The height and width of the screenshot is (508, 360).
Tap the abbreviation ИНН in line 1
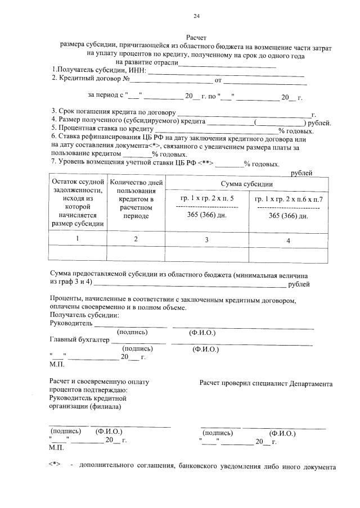click(136, 70)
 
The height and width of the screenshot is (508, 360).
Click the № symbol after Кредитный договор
click(127, 79)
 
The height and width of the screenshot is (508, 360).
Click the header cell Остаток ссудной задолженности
click(78, 202)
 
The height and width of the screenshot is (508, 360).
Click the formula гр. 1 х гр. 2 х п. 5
click(207, 199)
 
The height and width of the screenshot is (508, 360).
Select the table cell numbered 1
click(78, 238)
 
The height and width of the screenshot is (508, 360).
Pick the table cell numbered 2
click(136, 239)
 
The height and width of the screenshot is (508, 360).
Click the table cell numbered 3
click(207, 240)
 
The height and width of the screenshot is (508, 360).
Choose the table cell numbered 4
click(289, 241)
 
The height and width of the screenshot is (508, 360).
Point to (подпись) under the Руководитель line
click(132, 332)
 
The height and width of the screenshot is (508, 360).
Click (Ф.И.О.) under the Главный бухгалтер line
click(205, 349)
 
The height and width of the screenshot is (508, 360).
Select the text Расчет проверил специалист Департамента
click(265, 383)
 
